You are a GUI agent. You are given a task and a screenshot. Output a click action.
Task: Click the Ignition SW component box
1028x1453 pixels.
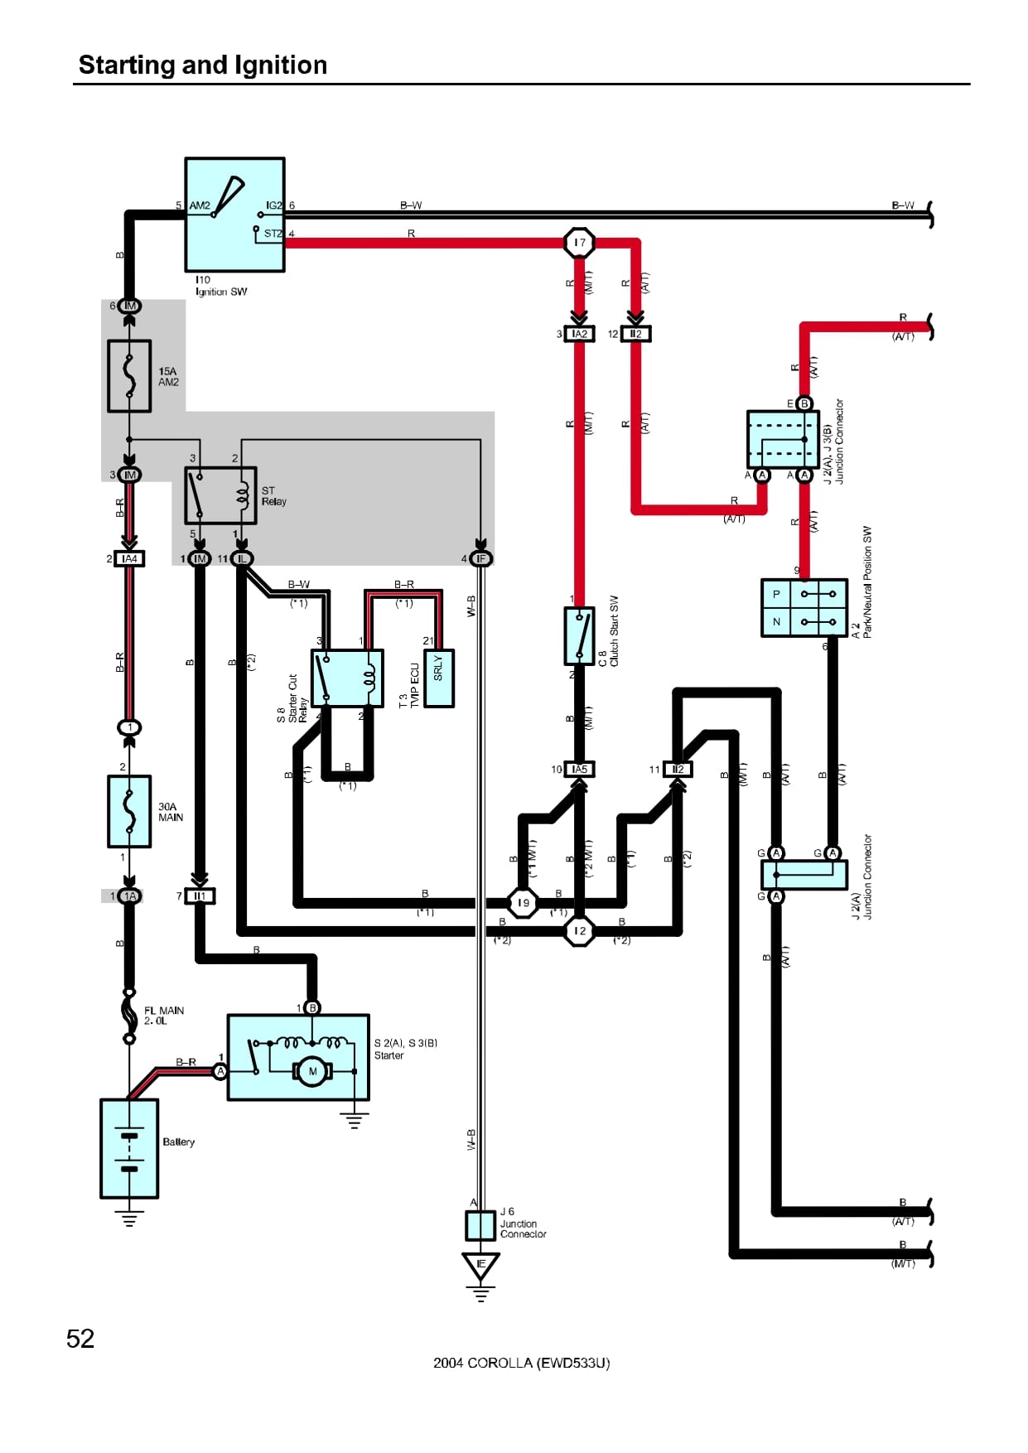click(x=234, y=215)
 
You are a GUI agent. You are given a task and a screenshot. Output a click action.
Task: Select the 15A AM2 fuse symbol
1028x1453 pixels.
click(x=129, y=376)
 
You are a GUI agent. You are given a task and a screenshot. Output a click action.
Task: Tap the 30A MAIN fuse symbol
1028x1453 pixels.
click(x=129, y=811)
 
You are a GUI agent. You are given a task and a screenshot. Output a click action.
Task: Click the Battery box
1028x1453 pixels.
click(x=129, y=1148)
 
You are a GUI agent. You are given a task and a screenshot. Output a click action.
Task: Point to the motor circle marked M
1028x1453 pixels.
click(x=312, y=1071)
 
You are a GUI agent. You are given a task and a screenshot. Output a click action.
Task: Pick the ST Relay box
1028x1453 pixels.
click(x=220, y=495)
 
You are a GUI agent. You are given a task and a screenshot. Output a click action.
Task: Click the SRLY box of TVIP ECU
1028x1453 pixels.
click(x=438, y=678)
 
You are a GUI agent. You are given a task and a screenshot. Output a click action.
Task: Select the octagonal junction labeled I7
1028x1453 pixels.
click(x=579, y=243)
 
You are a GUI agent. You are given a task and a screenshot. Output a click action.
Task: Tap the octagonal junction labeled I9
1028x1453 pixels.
click(x=523, y=903)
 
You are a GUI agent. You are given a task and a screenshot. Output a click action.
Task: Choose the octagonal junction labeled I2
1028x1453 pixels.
click(x=579, y=931)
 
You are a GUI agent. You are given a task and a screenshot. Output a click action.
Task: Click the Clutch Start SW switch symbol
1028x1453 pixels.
click(x=579, y=635)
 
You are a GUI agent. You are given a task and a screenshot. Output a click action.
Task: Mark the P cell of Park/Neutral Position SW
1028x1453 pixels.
click(x=776, y=594)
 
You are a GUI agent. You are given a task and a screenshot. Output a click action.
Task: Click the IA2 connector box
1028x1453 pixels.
click(x=579, y=334)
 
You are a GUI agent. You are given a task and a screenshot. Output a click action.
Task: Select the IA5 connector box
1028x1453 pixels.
click(x=579, y=770)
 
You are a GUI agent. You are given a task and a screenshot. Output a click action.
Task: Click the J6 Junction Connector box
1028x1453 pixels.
click(x=480, y=1225)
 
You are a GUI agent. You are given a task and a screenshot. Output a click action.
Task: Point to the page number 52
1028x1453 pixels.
click(x=80, y=1339)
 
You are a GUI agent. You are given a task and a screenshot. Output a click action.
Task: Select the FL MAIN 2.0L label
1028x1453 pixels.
click(x=164, y=1016)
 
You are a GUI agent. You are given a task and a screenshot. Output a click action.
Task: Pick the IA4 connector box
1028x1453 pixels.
click(x=129, y=559)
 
